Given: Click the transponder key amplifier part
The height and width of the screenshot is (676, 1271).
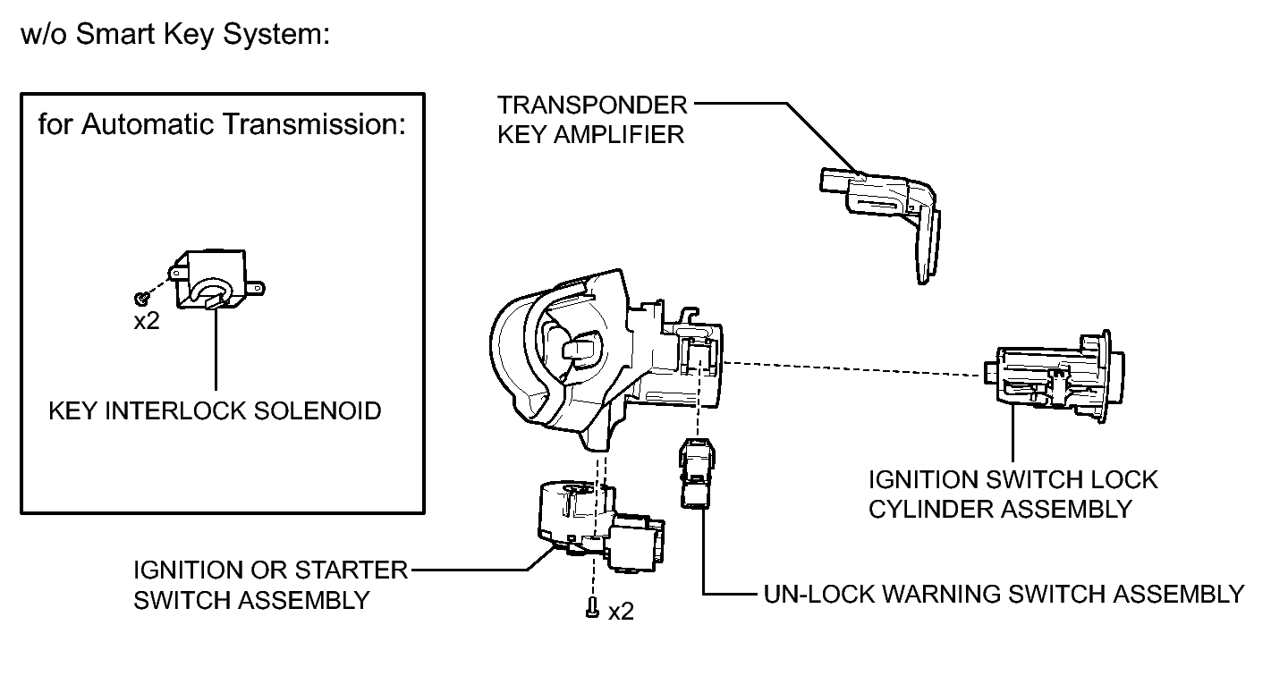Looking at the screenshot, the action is click(885, 210).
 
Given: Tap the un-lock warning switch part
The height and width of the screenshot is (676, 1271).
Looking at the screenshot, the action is click(697, 473).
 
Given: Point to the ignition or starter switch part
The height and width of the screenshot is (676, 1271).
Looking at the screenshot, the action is click(600, 526).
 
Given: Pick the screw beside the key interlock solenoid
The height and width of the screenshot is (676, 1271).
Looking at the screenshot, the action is click(142, 297).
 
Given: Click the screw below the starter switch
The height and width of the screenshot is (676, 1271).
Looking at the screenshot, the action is click(592, 607).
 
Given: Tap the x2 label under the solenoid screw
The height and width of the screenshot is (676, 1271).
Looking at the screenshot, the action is click(147, 322).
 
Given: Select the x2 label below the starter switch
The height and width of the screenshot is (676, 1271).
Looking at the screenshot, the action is click(621, 612).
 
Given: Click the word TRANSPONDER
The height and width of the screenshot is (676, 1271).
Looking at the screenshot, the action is click(592, 106).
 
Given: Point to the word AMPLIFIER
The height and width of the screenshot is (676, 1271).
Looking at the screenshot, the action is click(619, 135).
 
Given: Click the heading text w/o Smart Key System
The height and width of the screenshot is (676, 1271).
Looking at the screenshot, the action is click(175, 34).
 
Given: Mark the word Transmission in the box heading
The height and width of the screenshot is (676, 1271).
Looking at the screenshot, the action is click(314, 124).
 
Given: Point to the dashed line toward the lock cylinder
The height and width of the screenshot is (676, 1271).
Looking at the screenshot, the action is click(852, 368).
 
